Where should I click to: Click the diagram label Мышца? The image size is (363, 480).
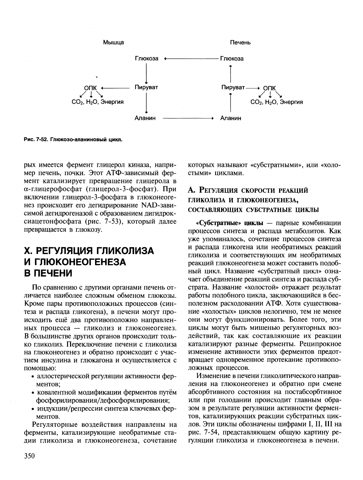point(113,42)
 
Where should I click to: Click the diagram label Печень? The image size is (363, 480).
point(240,42)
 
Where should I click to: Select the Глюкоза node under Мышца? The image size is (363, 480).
point(147,59)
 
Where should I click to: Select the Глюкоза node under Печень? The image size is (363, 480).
point(232,59)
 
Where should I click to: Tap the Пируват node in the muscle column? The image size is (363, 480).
point(146,87)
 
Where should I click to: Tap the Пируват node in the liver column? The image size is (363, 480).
point(233,87)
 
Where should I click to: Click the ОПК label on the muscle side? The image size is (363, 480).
point(90,88)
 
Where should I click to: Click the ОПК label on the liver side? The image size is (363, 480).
point(269,88)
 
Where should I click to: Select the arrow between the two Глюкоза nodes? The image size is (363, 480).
point(191,59)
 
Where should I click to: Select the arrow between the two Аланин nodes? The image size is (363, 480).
point(188,118)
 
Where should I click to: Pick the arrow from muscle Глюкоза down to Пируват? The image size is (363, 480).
point(146,73)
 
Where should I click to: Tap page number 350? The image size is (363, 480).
point(30,456)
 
